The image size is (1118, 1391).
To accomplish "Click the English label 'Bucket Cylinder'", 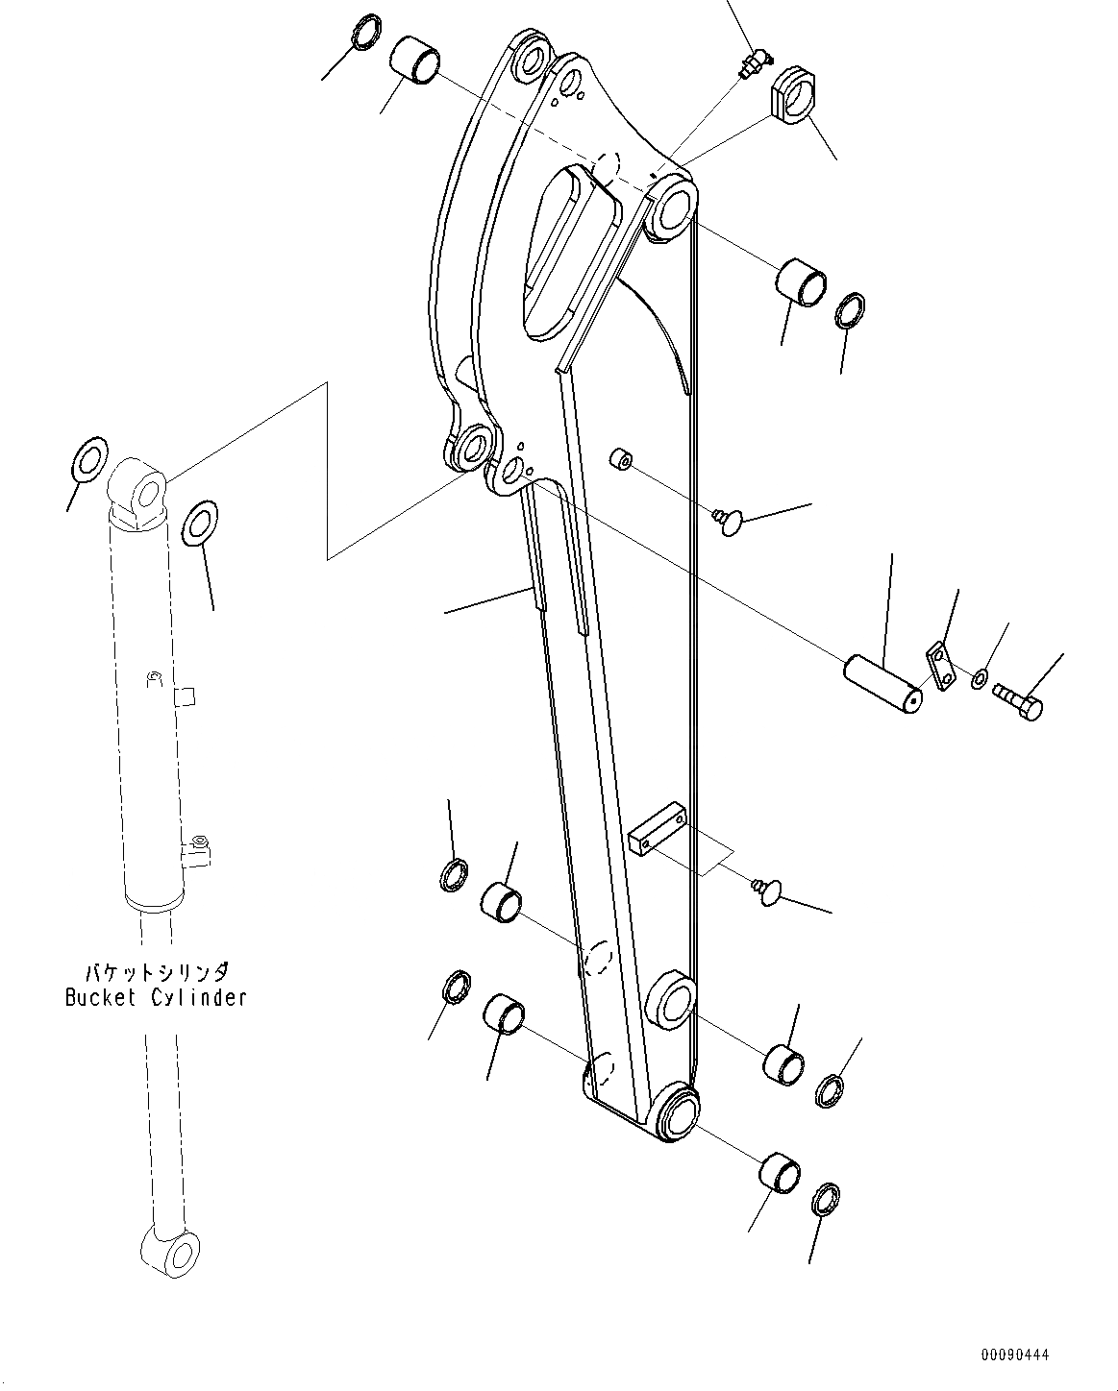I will coord(156,997).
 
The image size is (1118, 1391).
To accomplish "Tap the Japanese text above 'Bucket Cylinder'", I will coord(157,971).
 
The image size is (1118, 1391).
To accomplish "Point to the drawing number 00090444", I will coord(1015,1355).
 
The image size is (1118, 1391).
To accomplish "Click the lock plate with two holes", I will coord(938,666).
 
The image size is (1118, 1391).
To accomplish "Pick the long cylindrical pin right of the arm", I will coord(882,684).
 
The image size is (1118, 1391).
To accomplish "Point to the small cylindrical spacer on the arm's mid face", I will coord(620,459).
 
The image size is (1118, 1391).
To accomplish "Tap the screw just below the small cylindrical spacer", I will coord(730,520).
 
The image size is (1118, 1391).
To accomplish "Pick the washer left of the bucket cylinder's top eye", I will coord(88,459).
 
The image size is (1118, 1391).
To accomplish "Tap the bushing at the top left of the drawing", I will coord(414,60).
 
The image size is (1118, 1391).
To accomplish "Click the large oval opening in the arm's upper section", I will coord(567,255).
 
